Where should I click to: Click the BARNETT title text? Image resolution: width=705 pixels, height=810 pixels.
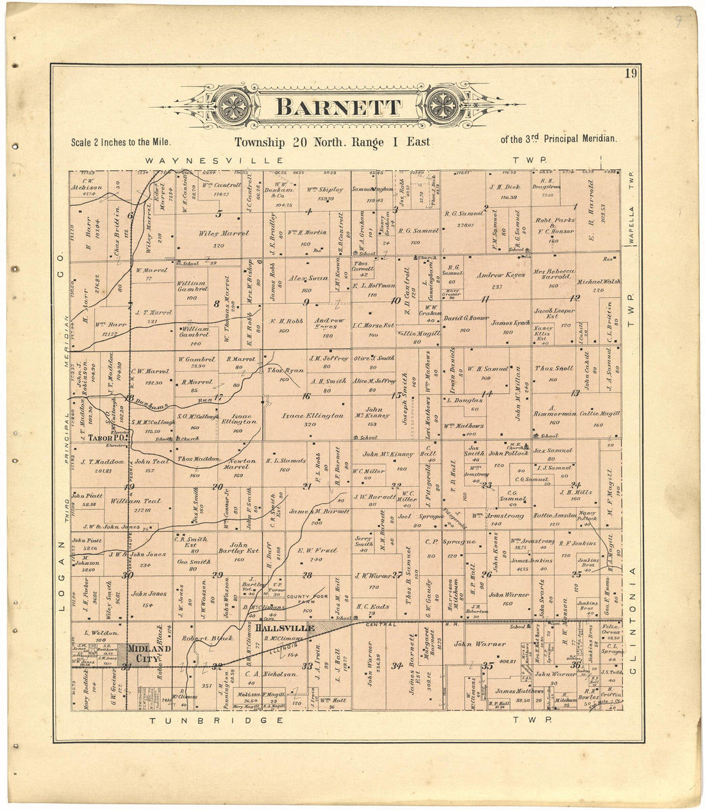[x=338, y=107]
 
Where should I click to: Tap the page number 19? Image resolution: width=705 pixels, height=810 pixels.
[x=631, y=73]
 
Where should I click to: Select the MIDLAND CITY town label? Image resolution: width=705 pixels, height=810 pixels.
[x=149, y=653]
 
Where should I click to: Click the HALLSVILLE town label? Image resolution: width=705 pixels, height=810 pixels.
[x=284, y=629]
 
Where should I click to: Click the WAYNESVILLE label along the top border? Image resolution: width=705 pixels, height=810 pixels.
[x=214, y=160]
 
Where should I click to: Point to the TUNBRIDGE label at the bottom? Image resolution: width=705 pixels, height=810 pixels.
[x=217, y=721]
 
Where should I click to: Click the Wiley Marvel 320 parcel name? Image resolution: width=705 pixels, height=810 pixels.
[x=224, y=234]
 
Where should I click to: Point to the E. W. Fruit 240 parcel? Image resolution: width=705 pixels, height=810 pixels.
[x=317, y=550]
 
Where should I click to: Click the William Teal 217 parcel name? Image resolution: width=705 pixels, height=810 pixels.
[x=144, y=502]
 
